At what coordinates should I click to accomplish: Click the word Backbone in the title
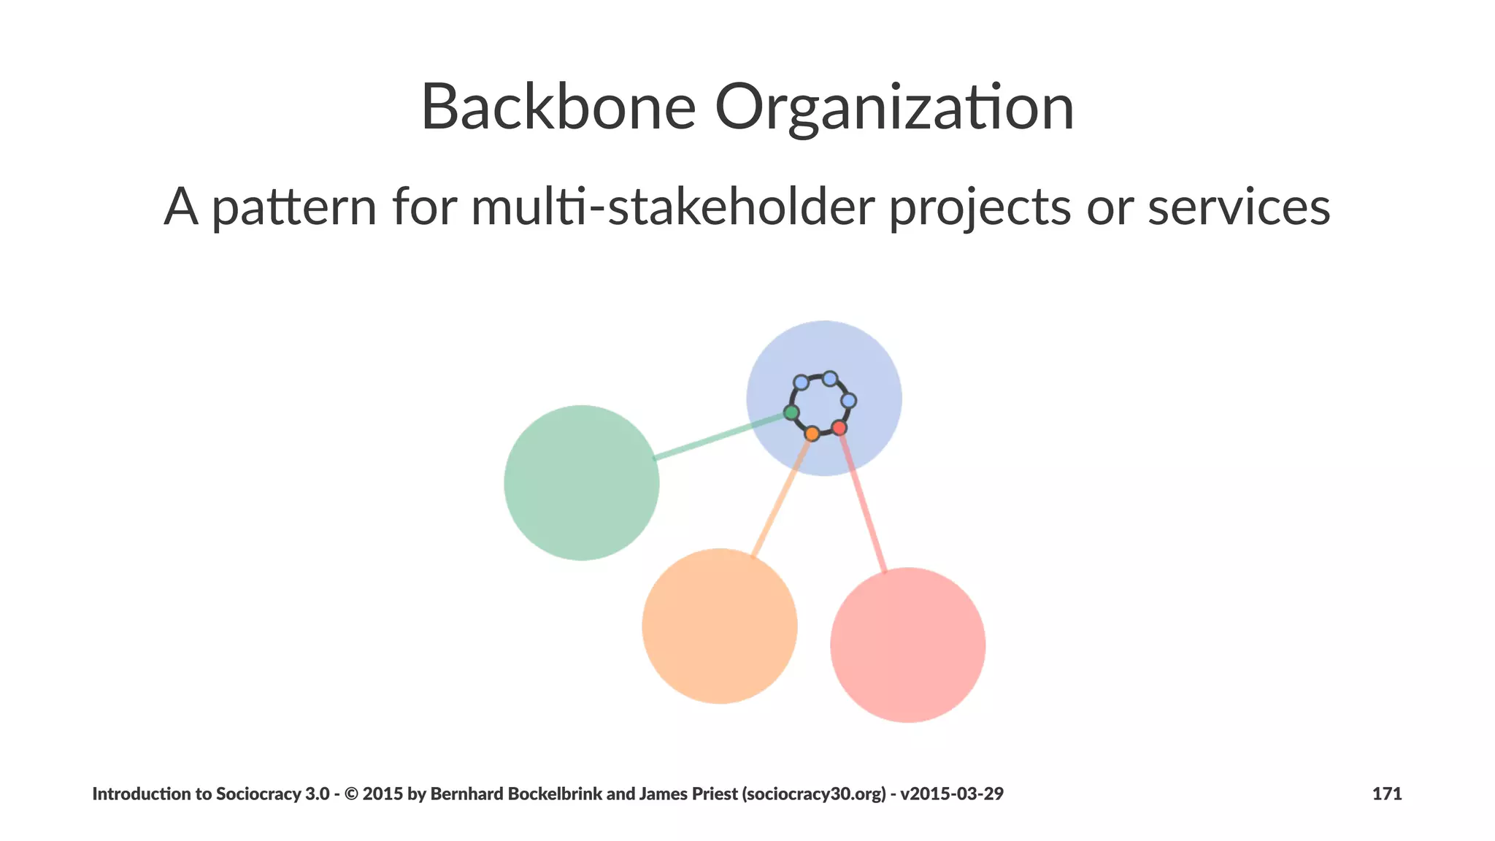(558, 108)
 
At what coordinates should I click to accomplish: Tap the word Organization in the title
(894, 108)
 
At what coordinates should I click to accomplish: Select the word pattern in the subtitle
(294, 207)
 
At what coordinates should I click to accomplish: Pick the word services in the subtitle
(1239, 207)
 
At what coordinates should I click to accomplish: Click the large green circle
(582, 483)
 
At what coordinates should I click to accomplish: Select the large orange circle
(720, 626)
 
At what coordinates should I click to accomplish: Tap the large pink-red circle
(908, 645)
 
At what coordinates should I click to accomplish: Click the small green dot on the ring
(791, 413)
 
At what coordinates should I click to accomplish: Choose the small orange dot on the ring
(812, 434)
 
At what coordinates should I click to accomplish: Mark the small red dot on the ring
(839, 428)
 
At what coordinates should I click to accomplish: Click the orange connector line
(781, 496)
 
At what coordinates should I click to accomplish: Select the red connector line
(863, 502)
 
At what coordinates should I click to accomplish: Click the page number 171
(1387, 794)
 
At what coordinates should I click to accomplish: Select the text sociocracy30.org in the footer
(816, 794)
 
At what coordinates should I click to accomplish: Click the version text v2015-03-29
(952, 794)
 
